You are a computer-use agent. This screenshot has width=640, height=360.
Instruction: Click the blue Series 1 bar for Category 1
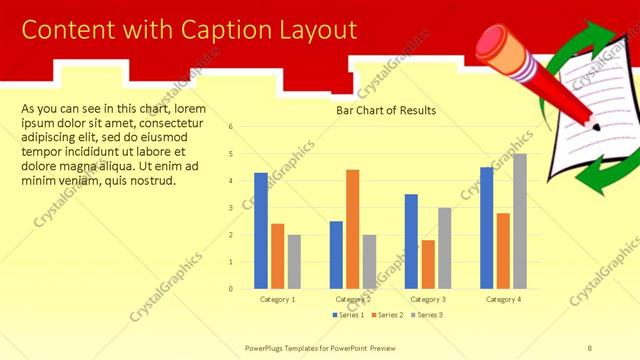point(260,231)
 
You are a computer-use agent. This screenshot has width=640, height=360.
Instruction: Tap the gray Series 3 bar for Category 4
point(519,221)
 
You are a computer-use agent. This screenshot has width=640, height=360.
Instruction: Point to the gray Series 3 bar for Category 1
point(294,262)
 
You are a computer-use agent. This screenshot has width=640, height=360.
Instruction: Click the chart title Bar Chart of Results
point(385,111)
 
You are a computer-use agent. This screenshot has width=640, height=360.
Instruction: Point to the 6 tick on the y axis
point(231,127)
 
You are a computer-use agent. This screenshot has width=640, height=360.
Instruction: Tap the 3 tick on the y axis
point(231,208)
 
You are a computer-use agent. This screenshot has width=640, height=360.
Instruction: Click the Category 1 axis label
point(277,299)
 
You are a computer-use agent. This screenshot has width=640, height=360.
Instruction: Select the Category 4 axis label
point(502,299)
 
